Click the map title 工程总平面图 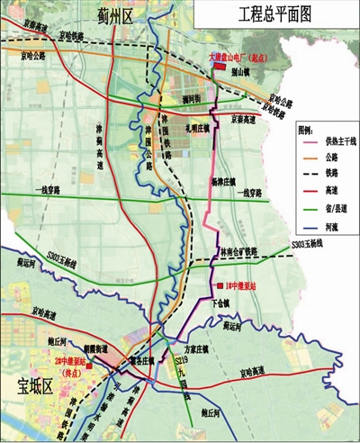tap(274, 15)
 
